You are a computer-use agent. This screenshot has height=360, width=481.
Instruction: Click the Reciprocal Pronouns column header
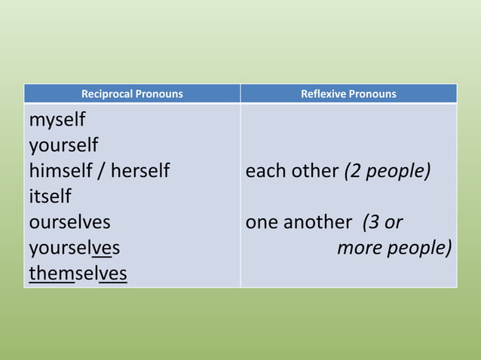click(132, 94)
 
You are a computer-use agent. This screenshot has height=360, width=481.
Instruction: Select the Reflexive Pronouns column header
click(348, 94)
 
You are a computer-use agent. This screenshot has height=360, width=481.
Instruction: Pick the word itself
click(50, 197)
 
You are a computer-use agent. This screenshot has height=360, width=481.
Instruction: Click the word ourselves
click(69, 222)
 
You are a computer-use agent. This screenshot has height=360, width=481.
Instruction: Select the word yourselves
click(74, 248)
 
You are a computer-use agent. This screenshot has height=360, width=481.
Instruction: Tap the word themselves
click(78, 273)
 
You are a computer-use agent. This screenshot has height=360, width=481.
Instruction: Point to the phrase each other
click(292, 171)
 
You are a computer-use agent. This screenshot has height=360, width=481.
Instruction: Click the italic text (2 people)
click(388, 171)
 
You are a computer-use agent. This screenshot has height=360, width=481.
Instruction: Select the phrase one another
click(299, 222)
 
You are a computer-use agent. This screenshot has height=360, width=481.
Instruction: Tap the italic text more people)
click(394, 248)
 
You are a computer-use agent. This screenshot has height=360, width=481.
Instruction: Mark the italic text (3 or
click(383, 222)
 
